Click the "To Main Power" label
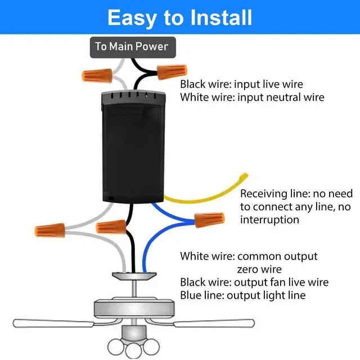(133, 47)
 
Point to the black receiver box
(132, 146)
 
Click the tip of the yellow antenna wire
(244, 177)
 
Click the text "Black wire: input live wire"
(241, 84)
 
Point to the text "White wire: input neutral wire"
(252, 97)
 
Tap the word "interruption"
(269, 219)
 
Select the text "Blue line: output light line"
(242, 295)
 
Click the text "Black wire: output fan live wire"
(254, 282)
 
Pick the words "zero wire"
(259, 269)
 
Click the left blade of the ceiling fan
(53, 325)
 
